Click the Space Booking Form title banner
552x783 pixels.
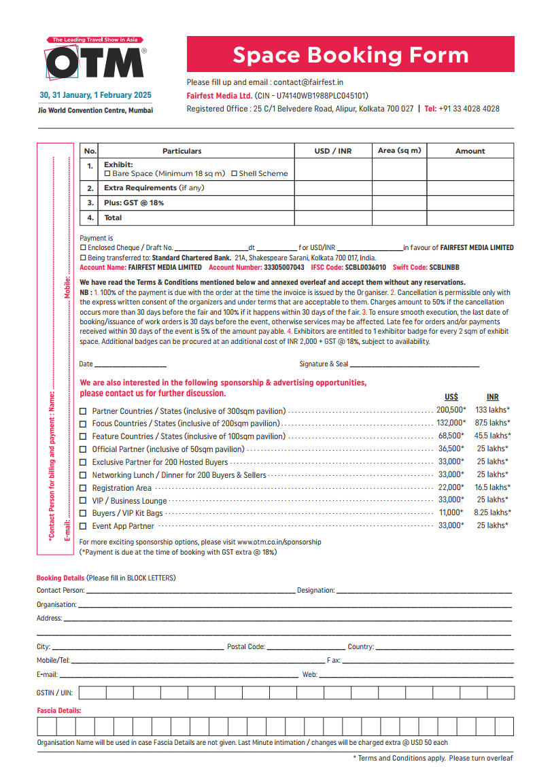pos(350,54)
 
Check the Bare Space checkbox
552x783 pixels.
pos(107,174)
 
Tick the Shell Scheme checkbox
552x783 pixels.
pos(234,174)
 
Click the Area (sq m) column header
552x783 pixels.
pos(399,151)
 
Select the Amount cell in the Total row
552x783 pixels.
pos(470,218)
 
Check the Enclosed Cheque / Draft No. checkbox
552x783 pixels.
pos(83,248)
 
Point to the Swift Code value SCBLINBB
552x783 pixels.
pos(444,268)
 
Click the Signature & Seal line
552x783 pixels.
pos(415,365)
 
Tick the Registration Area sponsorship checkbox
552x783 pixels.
pos(83,488)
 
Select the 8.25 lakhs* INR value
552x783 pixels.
pos(493,513)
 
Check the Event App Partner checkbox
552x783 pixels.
pos(83,526)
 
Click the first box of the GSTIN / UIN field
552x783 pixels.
pos(93,693)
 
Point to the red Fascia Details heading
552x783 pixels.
pos(59,710)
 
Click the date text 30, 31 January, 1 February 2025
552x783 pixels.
pos(96,95)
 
